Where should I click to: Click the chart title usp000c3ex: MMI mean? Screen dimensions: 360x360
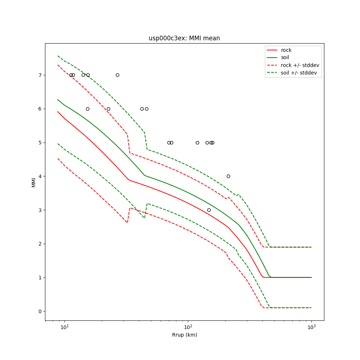[184, 38]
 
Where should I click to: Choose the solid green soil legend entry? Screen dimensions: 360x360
[285, 58]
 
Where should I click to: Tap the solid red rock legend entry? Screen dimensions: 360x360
[286, 50]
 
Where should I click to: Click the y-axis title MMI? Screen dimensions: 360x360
[34, 182]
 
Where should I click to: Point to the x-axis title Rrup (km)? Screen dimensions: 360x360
[184, 335]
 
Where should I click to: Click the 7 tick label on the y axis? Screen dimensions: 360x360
[40, 75]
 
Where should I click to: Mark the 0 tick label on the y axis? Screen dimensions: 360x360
[40, 311]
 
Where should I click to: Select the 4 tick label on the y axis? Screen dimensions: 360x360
[40, 176]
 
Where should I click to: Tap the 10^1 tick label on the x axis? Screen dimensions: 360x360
[64, 327]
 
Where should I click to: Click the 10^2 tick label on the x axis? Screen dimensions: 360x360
[188, 327]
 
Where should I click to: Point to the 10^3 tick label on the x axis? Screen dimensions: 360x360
[311, 327]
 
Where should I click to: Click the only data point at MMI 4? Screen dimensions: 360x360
[228, 176]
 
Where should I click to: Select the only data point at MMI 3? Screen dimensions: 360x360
[209, 210]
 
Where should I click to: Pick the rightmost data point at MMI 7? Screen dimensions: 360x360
[117, 75]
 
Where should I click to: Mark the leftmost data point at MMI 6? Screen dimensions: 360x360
[87, 109]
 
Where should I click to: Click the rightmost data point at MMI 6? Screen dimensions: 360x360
[147, 109]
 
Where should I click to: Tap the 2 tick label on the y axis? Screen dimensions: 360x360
[40, 244]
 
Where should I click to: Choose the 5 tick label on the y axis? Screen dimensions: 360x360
[40, 143]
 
